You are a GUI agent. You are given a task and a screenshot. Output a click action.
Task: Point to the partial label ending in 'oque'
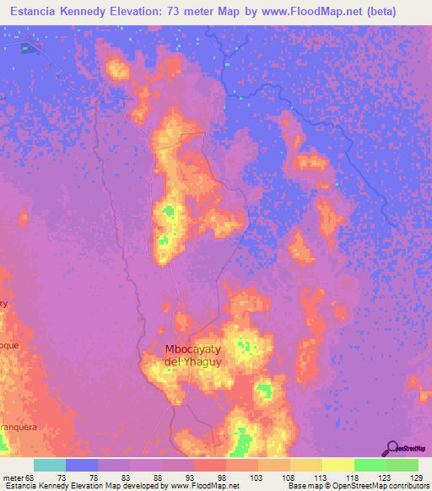8,346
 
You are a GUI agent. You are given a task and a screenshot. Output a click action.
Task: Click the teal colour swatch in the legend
50,465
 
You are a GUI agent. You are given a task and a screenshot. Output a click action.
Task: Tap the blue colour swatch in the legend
82,465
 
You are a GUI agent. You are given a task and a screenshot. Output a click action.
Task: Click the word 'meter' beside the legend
13,478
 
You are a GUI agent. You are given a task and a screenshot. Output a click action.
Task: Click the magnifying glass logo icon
391,448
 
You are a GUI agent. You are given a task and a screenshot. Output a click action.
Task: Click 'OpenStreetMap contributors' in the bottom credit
377,487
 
